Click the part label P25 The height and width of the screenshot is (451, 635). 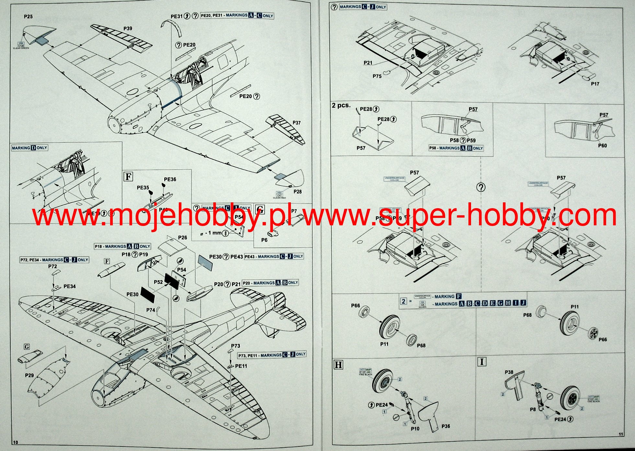point(28,17)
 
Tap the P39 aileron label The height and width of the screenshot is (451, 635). point(128,28)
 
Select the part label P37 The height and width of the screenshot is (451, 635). point(296,123)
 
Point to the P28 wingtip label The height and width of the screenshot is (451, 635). point(297,192)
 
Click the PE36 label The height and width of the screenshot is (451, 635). point(170,179)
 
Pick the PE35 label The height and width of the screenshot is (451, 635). point(143,187)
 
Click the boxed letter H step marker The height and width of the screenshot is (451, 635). point(338,365)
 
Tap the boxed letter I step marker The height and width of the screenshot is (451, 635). point(482,362)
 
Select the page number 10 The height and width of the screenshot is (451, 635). point(16,442)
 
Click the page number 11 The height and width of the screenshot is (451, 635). point(621,434)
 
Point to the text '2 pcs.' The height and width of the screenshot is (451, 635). point(341,105)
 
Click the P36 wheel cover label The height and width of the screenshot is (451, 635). point(445,426)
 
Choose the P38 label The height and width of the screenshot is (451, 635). point(509,372)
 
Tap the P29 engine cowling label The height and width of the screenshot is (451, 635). point(29,375)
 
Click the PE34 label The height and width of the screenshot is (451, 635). point(69,286)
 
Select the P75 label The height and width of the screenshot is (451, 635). point(377,76)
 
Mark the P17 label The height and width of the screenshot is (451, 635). point(595,84)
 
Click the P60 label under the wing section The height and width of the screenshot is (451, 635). point(602,146)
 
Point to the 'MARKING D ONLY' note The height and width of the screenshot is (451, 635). point(29,148)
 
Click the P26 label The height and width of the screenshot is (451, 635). point(182,238)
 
